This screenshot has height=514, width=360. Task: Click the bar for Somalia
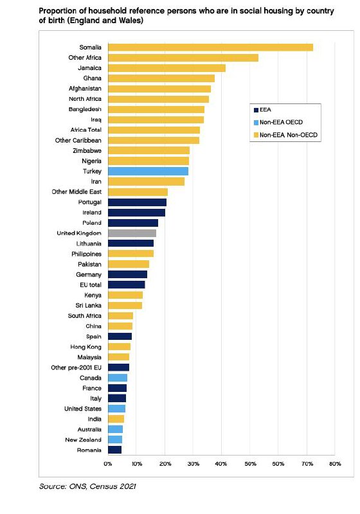click(x=210, y=47)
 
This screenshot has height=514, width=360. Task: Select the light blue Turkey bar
click(x=148, y=171)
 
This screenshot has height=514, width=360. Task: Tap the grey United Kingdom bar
click(x=132, y=233)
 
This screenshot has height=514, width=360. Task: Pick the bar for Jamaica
click(x=167, y=68)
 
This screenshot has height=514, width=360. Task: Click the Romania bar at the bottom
click(x=115, y=450)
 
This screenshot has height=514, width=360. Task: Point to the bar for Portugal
click(x=138, y=202)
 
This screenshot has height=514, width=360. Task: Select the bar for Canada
click(x=118, y=378)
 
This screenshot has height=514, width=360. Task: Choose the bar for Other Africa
click(x=183, y=58)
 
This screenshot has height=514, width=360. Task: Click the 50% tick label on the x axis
click(x=250, y=464)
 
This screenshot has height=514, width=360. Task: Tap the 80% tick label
click(x=335, y=464)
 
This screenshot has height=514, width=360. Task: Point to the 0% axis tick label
click(x=108, y=464)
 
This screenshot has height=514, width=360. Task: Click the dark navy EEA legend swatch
click(x=256, y=110)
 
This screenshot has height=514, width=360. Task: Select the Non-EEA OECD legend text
click(x=282, y=122)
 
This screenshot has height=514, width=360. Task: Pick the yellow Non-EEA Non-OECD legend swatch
click(x=256, y=135)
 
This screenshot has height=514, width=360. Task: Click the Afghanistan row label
click(x=85, y=89)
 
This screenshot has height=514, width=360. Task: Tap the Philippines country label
click(x=87, y=254)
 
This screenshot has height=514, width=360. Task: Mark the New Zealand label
click(x=84, y=439)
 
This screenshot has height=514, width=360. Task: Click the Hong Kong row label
click(x=86, y=347)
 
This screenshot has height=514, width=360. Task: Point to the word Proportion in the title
click(x=58, y=11)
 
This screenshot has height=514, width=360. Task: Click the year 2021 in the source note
click(x=127, y=486)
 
